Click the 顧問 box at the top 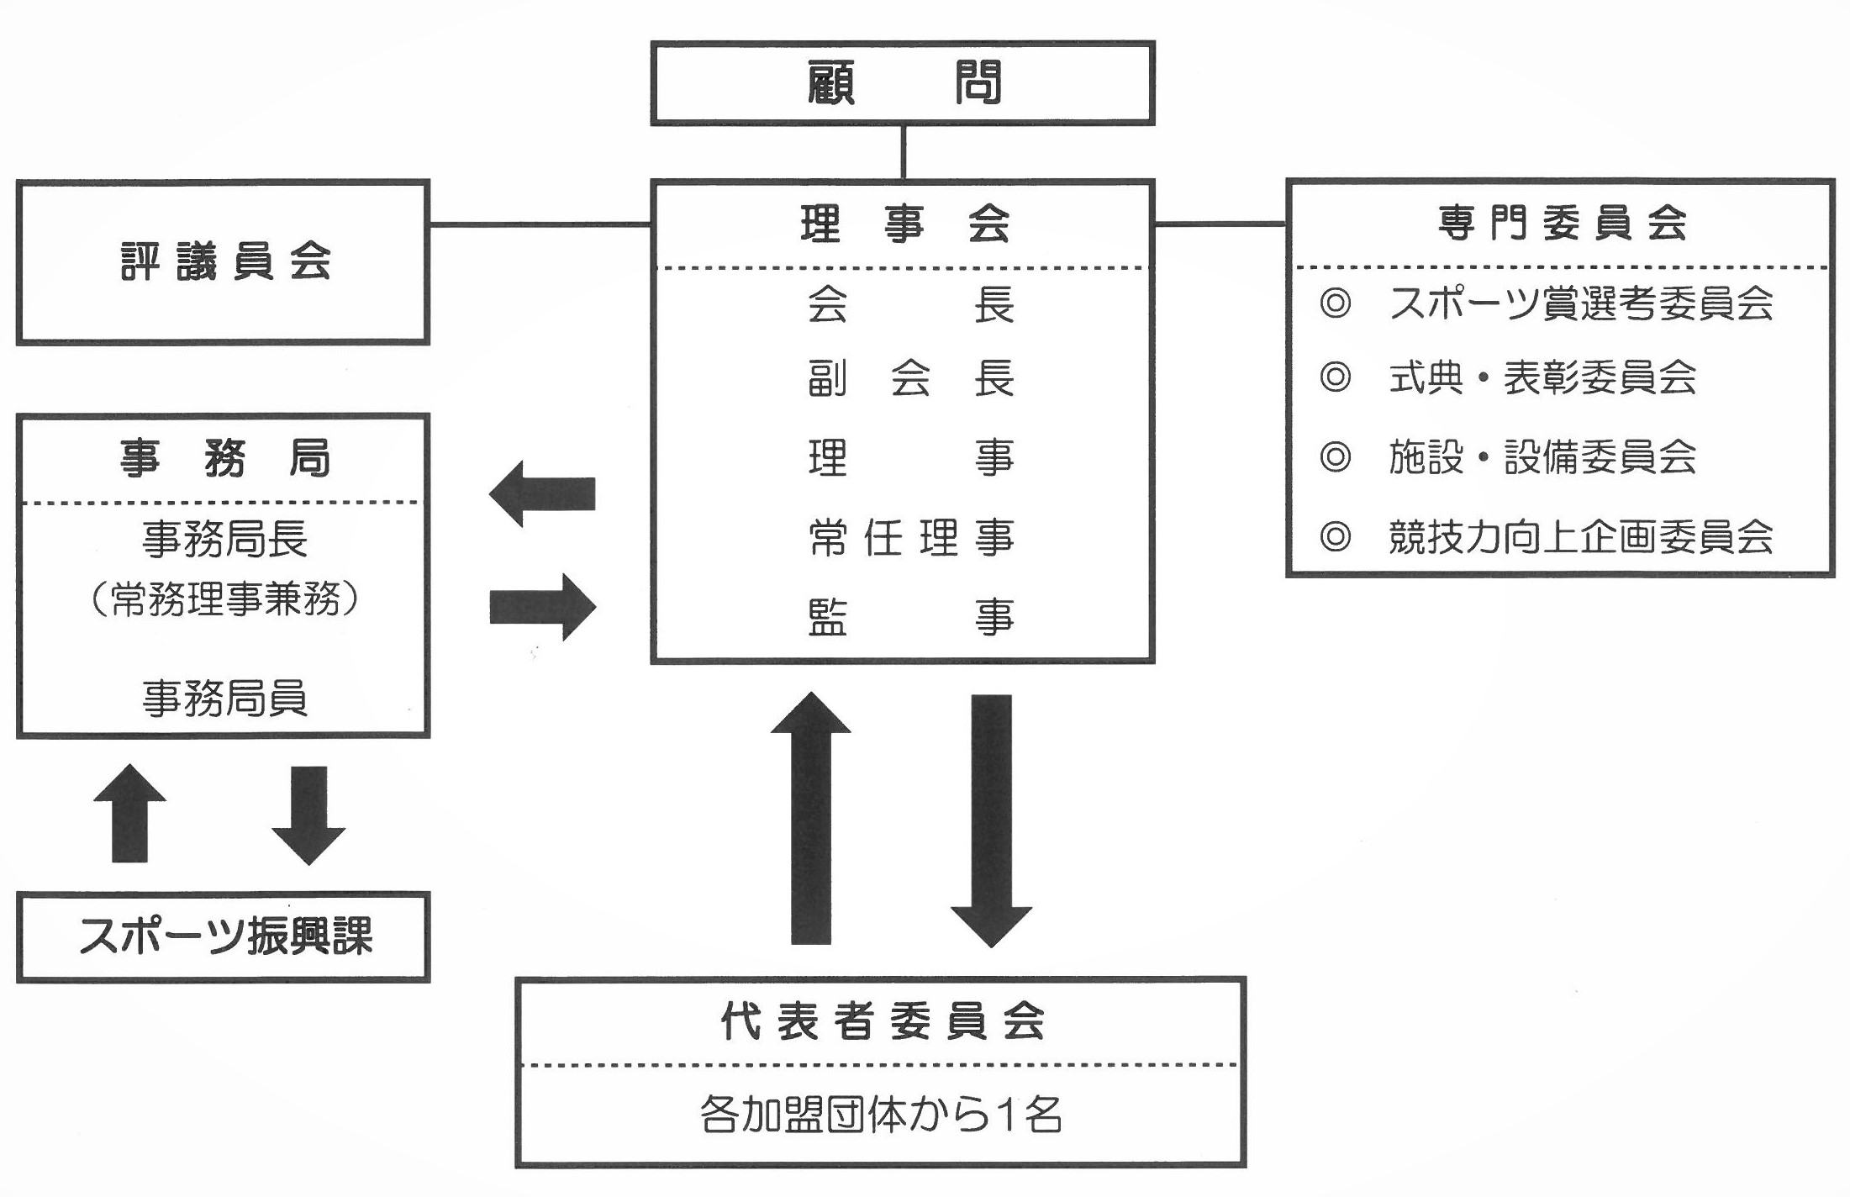(902, 83)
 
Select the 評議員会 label (225, 261)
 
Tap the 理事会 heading (904, 224)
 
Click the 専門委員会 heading (1562, 224)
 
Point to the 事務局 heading (224, 459)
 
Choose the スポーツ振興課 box (224, 936)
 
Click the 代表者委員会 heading (882, 1022)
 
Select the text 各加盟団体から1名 (881, 1115)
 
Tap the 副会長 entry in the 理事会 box (910, 378)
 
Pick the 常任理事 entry (910, 538)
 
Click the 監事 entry (910, 618)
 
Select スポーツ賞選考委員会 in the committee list (1580, 303)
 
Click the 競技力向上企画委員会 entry (1580, 537)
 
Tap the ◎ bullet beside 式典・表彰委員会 (1335, 377)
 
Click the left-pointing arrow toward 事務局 (542, 494)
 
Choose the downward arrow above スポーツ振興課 (308, 815)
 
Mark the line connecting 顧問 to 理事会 (904, 152)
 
